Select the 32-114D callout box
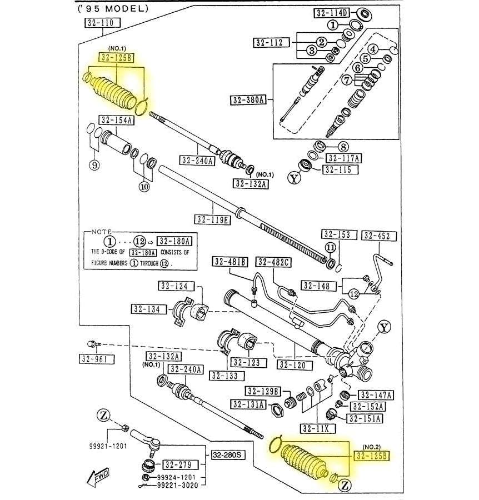tap(331, 13)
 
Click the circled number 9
tap(94, 165)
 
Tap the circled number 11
tap(330, 248)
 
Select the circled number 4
tap(374, 49)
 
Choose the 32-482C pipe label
tap(273, 262)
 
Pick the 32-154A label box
tap(117, 121)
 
